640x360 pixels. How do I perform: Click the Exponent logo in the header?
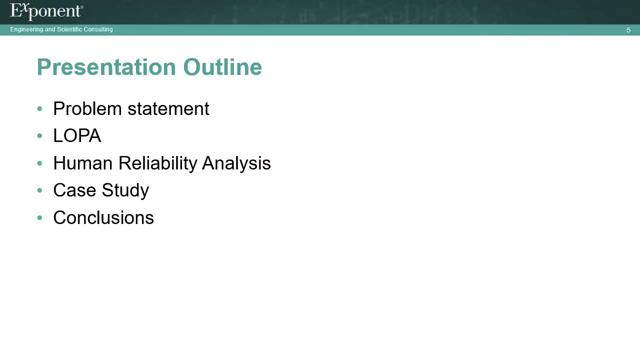click(x=46, y=11)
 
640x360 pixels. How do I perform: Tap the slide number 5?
click(x=628, y=30)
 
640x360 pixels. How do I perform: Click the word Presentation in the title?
click(x=106, y=67)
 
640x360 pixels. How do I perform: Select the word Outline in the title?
click(x=222, y=67)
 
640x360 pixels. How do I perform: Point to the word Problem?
click(x=87, y=108)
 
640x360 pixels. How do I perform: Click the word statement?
click(x=168, y=109)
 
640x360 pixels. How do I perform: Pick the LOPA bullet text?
click(x=77, y=135)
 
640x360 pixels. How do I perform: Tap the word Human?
click(x=83, y=163)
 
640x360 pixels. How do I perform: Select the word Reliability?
click(x=157, y=163)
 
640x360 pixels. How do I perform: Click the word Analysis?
click(x=236, y=163)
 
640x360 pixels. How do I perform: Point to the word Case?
click(x=74, y=190)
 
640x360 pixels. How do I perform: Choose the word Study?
click(x=125, y=190)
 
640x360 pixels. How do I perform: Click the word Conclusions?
click(x=103, y=217)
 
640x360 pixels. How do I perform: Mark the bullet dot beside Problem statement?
click(x=39, y=108)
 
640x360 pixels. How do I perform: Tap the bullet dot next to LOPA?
click(x=39, y=135)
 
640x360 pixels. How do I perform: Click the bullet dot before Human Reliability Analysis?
click(x=39, y=163)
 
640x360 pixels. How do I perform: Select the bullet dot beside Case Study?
click(x=39, y=190)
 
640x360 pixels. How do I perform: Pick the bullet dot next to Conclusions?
click(x=39, y=217)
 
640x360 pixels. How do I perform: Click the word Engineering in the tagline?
click(x=26, y=29)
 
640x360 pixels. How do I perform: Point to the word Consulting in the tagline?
click(x=98, y=29)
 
